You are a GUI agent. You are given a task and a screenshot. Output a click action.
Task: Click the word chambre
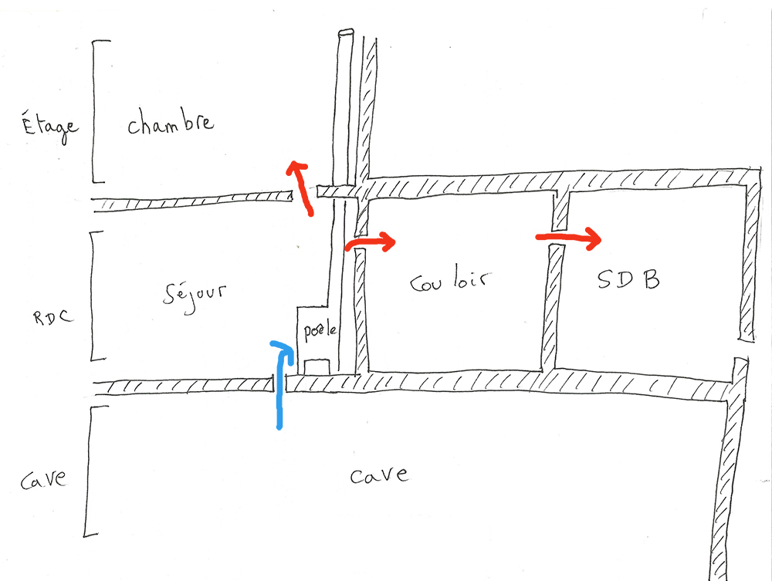[171, 124]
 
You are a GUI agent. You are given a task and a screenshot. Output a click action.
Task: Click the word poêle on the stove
[320, 332]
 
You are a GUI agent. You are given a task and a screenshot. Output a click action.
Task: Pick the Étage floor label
[48, 127]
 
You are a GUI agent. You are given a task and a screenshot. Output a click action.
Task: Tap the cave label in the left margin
[41, 481]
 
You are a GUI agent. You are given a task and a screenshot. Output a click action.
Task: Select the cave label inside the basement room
[378, 474]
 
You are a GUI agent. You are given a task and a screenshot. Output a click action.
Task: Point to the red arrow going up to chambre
[302, 186]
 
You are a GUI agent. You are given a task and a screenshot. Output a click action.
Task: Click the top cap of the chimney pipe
[345, 33]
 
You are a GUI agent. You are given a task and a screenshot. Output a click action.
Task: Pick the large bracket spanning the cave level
[86, 471]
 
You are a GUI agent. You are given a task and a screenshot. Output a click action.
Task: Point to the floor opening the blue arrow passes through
[281, 383]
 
